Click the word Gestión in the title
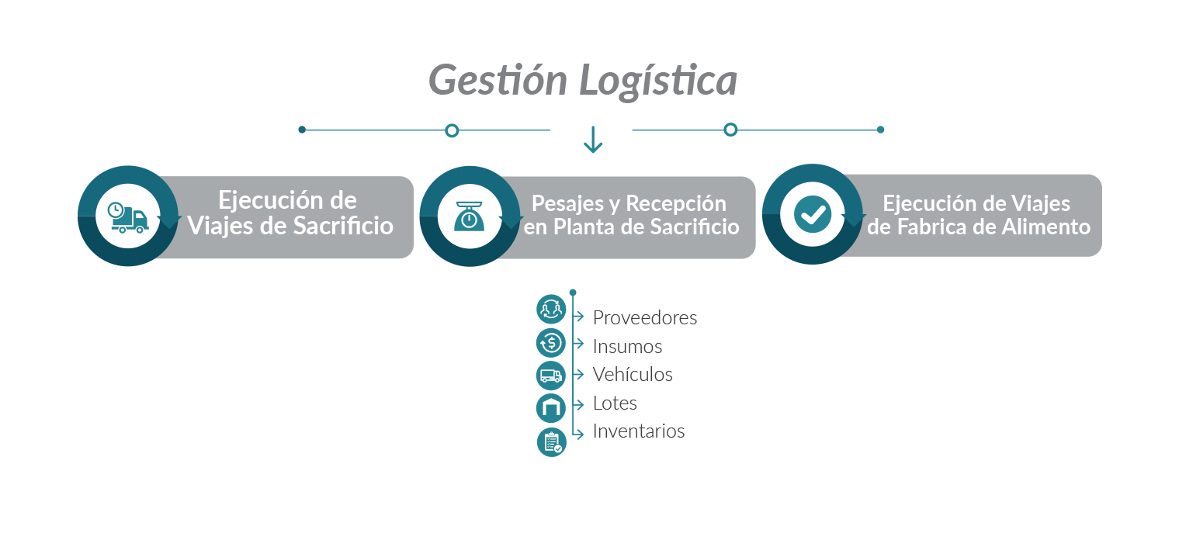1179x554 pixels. pos(498,80)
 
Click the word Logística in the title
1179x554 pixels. pos(658,81)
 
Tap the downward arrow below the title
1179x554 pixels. pos(593,140)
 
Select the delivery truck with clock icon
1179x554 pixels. pos(128,217)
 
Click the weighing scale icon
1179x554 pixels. pos(470,216)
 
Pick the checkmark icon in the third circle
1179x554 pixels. pos(813,214)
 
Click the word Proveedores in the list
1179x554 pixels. pos(645,318)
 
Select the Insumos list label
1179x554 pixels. pos(627,346)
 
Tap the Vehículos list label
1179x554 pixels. pos(633,374)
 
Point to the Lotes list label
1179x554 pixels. pos(615,403)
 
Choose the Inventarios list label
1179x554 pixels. pos(639,431)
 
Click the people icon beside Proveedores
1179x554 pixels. pos(551,309)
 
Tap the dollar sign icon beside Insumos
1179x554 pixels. pos(551,343)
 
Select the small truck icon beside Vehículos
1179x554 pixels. pos(551,376)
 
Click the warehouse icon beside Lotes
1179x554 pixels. pos(551,407)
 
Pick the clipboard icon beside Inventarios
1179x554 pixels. pos(552,442)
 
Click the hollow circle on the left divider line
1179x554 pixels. pos(452,130)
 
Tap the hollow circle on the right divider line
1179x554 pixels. pos(730,130)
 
